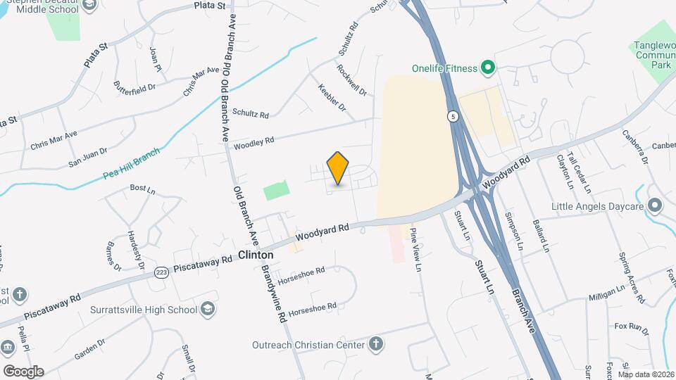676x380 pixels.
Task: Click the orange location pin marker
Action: [338, 167]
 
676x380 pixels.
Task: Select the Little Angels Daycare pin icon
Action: [655, 206]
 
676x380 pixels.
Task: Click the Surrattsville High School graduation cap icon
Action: [208, 309]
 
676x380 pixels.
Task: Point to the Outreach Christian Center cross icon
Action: [376, 344]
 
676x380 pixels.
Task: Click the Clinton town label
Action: [256, 255]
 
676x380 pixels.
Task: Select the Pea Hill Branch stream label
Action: [132, 163]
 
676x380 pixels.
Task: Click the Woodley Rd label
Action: [254, 143]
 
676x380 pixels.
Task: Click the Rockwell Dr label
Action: [351, 80]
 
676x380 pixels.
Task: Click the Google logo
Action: [23, 372]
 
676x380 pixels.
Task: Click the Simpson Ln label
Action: [514, 232]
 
